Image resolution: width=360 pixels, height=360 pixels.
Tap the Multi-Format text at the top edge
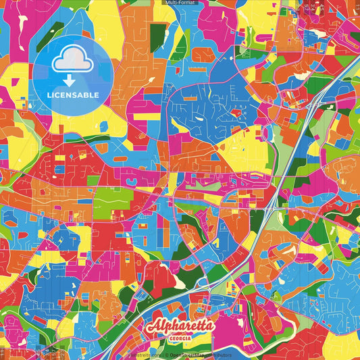(x=180, y=3)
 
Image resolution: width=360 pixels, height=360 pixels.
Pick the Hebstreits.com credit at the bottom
(x=145, y=354)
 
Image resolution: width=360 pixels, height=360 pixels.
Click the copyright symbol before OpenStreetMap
(x=166, y=354)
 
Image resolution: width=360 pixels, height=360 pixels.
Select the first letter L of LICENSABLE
(x=49, y=95)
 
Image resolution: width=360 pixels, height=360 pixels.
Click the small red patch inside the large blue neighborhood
(x=236, y=113)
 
